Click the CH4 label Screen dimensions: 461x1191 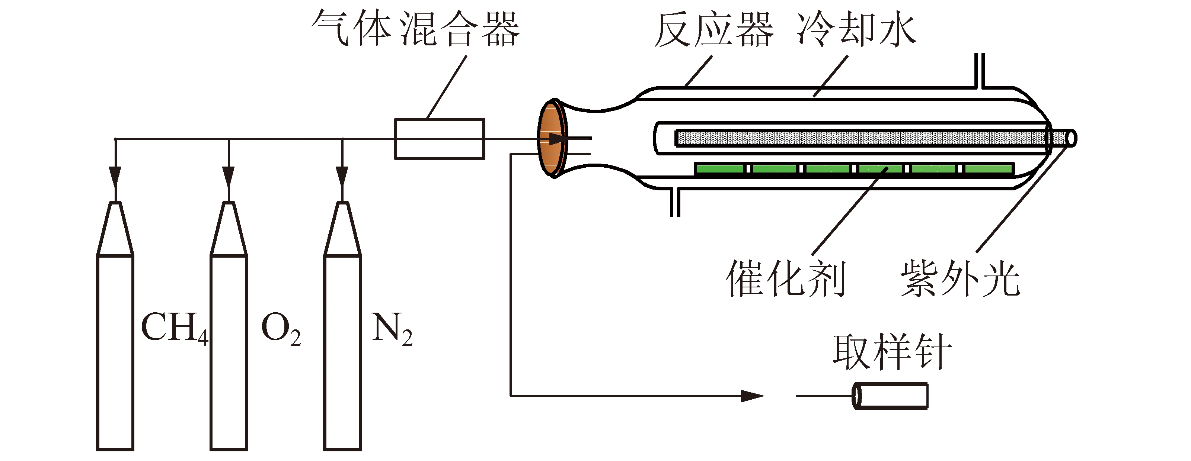pos(174,328)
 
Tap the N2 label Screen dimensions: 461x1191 pos(392,329)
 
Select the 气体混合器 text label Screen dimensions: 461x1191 pos(415,29)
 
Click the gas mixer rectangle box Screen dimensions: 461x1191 pos(439,139)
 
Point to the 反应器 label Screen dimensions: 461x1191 pos(714,30)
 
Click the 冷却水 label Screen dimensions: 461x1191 pos(856,30)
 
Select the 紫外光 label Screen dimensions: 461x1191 pos(960,278)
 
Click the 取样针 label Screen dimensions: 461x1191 pos(893,352)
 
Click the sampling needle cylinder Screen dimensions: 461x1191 pos(890,396)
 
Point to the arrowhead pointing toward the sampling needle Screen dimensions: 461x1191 pos(752,396)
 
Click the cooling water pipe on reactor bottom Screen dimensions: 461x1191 pos(675,202)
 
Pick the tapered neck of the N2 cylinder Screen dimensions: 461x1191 pos(342,229)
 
